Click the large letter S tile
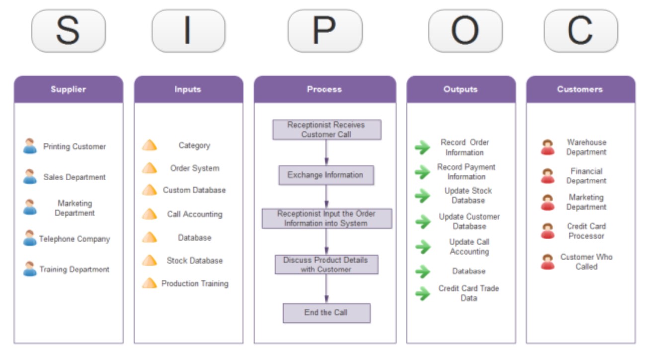68,31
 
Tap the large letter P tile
325,31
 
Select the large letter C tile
580,31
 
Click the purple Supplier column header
69,90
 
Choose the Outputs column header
461,90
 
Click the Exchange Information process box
325,175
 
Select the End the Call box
326,313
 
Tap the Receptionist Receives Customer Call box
326,130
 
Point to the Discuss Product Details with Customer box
326,265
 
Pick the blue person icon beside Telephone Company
30,239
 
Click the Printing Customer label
75,147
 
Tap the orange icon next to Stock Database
149,260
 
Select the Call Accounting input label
195,214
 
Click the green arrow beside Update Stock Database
422,196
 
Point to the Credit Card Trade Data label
469,293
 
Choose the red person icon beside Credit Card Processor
548,231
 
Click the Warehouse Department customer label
586,147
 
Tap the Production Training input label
195,284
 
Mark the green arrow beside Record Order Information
422,147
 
